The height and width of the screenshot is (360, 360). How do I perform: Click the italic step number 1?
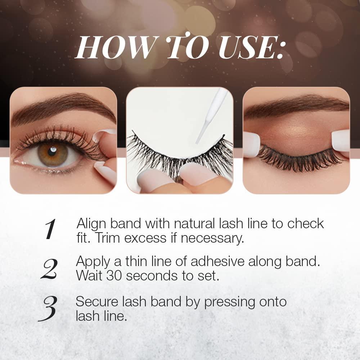coord(50,229)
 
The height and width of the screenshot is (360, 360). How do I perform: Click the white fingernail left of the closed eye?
coord(251,144)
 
